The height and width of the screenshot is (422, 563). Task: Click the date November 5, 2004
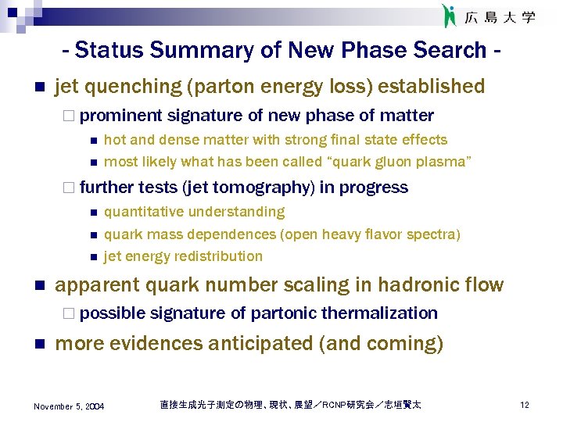click(69, 406)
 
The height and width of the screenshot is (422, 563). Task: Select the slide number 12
click(525, 406)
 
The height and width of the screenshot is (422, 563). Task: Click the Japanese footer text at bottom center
click(289, 405)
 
